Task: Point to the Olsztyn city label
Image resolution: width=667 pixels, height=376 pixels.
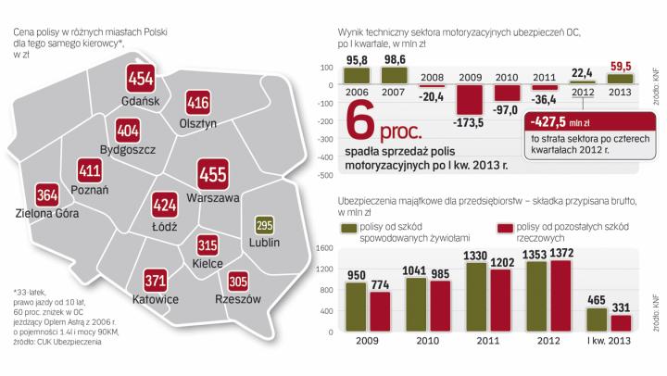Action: (x=196, y=123)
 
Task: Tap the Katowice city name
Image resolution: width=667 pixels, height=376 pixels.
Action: (x=153, y=301)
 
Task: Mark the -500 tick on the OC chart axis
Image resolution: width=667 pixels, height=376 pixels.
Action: (x=324, y=174)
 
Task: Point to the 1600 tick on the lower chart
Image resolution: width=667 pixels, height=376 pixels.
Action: (x=324, y=248)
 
